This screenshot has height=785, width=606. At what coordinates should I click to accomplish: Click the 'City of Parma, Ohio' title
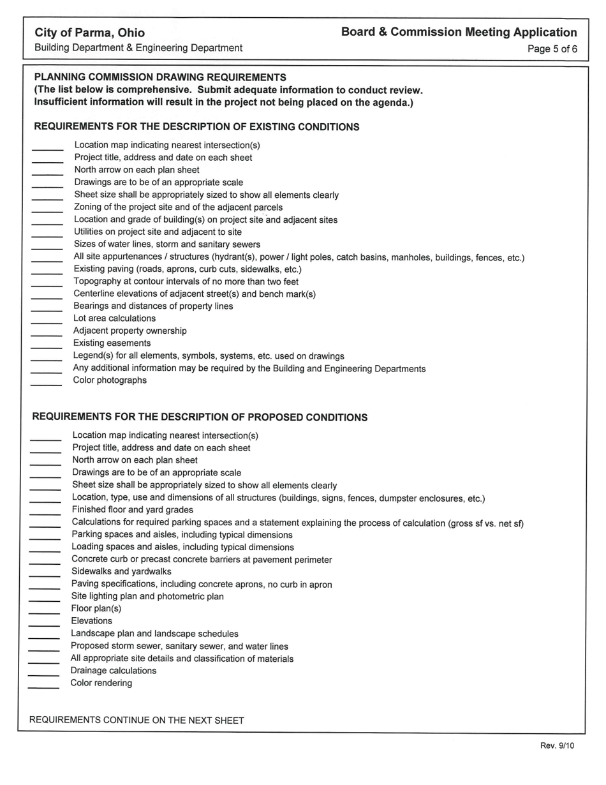click(89, 33)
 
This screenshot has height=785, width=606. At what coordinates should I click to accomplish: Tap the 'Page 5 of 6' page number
click(552, 49)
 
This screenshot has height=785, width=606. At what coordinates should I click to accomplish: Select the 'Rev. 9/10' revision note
click(557, 745)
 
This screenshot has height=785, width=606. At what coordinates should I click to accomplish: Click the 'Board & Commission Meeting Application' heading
click(459, 32)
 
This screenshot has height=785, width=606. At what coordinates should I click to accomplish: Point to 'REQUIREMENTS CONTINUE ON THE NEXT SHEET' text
click(137, 720)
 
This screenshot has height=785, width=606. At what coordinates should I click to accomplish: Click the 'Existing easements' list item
click(112, 343)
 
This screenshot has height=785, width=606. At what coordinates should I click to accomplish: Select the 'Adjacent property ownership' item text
click(129, 331)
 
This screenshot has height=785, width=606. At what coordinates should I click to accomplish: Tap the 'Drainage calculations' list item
click(113, 671)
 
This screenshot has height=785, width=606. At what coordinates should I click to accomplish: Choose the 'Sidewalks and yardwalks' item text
click(121, 571)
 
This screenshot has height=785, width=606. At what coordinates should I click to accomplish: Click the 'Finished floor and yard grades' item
click(132, 510)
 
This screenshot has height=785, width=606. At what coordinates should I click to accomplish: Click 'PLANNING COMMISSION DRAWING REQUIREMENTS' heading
click(160, 77)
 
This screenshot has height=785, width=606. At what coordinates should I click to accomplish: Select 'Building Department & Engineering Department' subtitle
click(138, 48)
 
